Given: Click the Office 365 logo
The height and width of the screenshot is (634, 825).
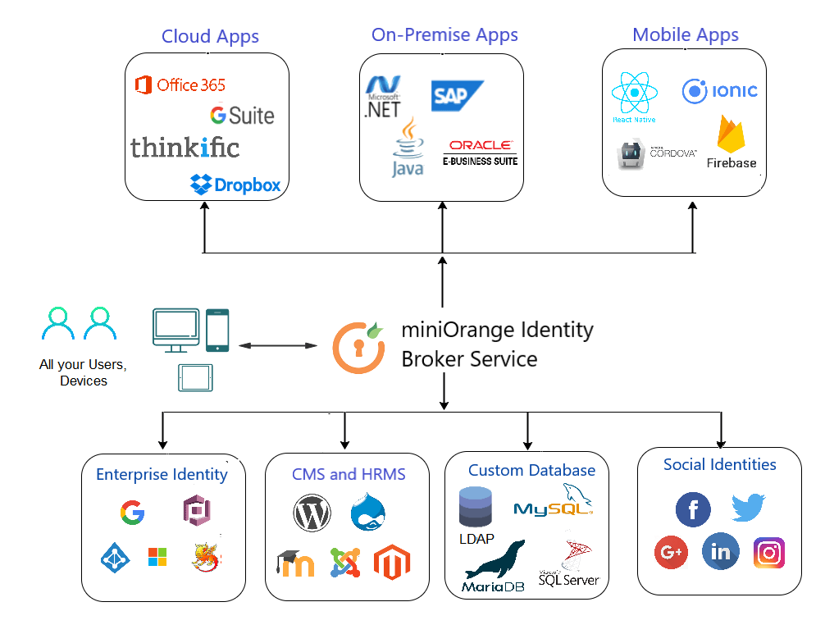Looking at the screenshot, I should pos(180,84).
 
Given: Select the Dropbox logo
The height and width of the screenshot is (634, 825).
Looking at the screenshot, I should pos(235,185).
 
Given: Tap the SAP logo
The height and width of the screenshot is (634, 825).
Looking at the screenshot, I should pos(457,96).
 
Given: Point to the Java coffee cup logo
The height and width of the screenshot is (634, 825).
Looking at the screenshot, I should pos(408,148).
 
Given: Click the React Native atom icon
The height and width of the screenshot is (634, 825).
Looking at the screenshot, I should pos(634,94).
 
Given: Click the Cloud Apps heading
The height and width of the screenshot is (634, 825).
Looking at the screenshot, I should pos(210,36).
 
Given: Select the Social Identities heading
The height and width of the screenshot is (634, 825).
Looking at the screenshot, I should pos(719,464).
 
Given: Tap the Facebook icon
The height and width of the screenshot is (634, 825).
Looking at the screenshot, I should pos(693,510).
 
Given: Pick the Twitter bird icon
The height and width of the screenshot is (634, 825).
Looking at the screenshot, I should pos(748,508).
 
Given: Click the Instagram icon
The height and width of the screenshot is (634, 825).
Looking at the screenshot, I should pos(768,553).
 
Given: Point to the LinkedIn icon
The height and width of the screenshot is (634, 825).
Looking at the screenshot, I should pos(720,552).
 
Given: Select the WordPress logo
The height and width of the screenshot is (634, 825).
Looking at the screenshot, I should pos(312,513).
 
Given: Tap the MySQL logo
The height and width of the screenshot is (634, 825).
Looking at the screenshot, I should pos(554,504).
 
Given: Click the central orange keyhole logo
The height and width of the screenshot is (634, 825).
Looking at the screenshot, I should pos(358,347).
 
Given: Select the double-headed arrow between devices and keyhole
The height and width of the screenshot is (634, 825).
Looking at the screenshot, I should pos(278,346).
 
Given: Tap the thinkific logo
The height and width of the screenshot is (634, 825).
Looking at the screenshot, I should pos(185,147).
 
